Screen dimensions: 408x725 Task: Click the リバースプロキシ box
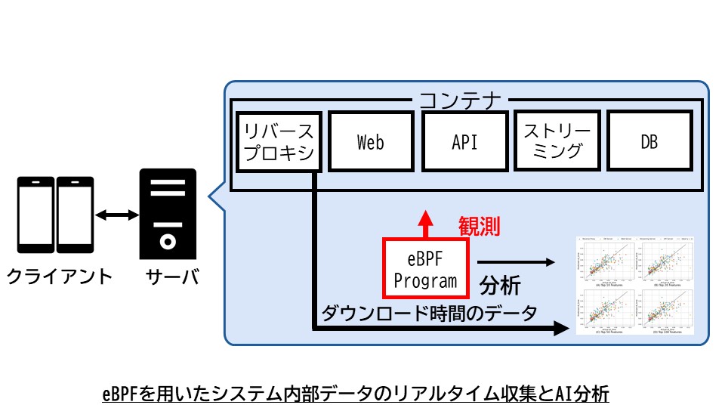pos(281,141)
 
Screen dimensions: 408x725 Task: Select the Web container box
pos(370,141)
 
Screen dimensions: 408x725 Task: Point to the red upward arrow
pos(427,222)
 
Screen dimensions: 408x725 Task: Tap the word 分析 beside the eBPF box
pos(500,286)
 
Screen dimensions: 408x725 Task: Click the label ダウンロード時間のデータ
pos(430,312)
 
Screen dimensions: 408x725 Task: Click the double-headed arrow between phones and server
pos(113,216)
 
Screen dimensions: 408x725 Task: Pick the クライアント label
pos(60,277)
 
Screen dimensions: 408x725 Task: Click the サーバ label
pos(168,277)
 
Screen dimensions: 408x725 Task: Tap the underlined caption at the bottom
pos(355,394)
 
